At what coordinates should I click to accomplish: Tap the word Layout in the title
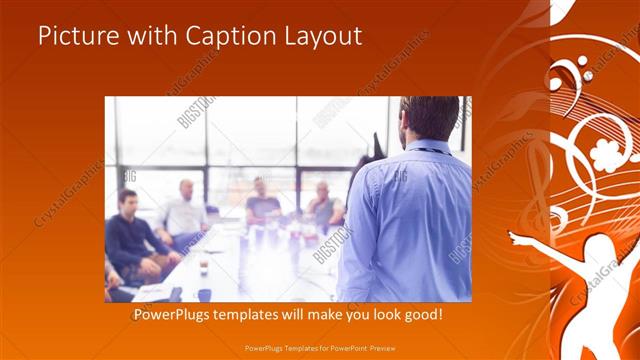point(318,37)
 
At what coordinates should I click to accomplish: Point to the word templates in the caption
point(254,314)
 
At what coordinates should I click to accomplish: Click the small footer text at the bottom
point(319,347)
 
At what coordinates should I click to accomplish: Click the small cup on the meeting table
point(204,268)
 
